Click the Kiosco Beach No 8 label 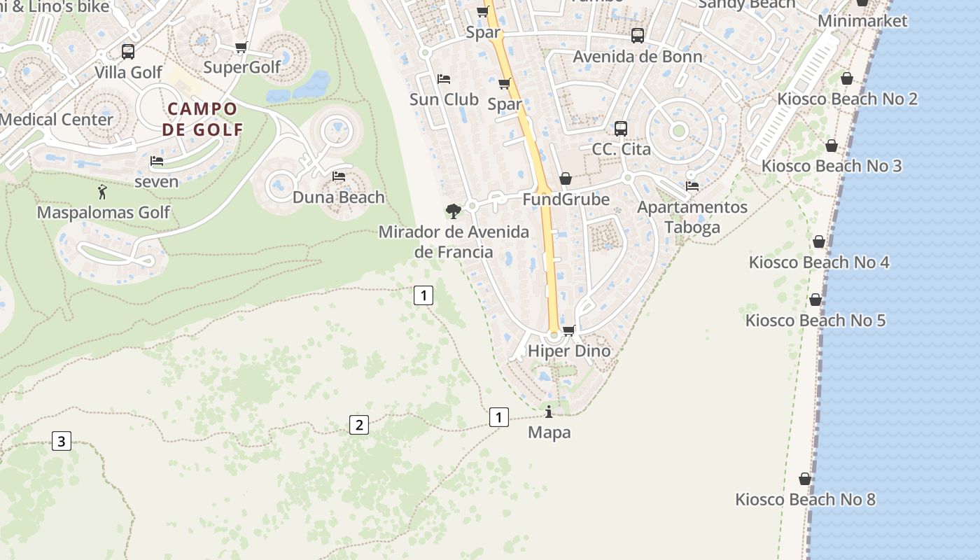805,500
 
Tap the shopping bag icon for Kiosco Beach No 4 819,242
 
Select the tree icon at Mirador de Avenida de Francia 453,211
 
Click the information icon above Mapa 549,412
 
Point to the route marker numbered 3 62,441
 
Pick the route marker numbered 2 358,424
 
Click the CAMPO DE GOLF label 202,119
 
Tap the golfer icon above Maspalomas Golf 103,191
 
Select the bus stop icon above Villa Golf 128,51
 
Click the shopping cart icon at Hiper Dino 569,330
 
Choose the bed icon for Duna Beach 339,176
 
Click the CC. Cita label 621,149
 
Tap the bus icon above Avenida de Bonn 638,35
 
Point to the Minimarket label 862,21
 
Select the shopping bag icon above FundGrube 566,179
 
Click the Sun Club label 444,99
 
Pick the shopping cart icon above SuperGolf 241,47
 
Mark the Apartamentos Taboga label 692,217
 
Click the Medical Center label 56,119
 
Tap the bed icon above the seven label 157,161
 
